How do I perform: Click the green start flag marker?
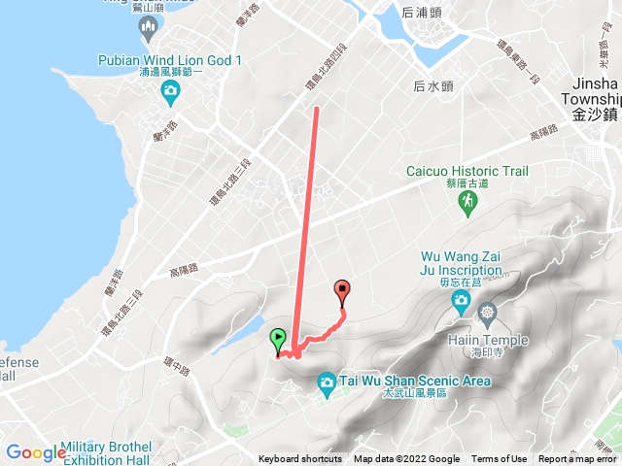click(278, 341)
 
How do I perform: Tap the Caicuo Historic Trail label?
click(466, 171)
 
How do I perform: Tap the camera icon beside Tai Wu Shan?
click(327, 385)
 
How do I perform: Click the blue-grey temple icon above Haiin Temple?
click(487, 314)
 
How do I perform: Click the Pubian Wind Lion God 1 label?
click(170, 60)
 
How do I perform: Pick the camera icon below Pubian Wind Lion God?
click(170, 93)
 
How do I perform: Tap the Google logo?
click(35, 452)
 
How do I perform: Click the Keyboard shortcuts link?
click(300, 459)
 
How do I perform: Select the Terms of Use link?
click(500, 459)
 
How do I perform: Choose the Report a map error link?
click(579, 459)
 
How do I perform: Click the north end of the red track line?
click(316, 110)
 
